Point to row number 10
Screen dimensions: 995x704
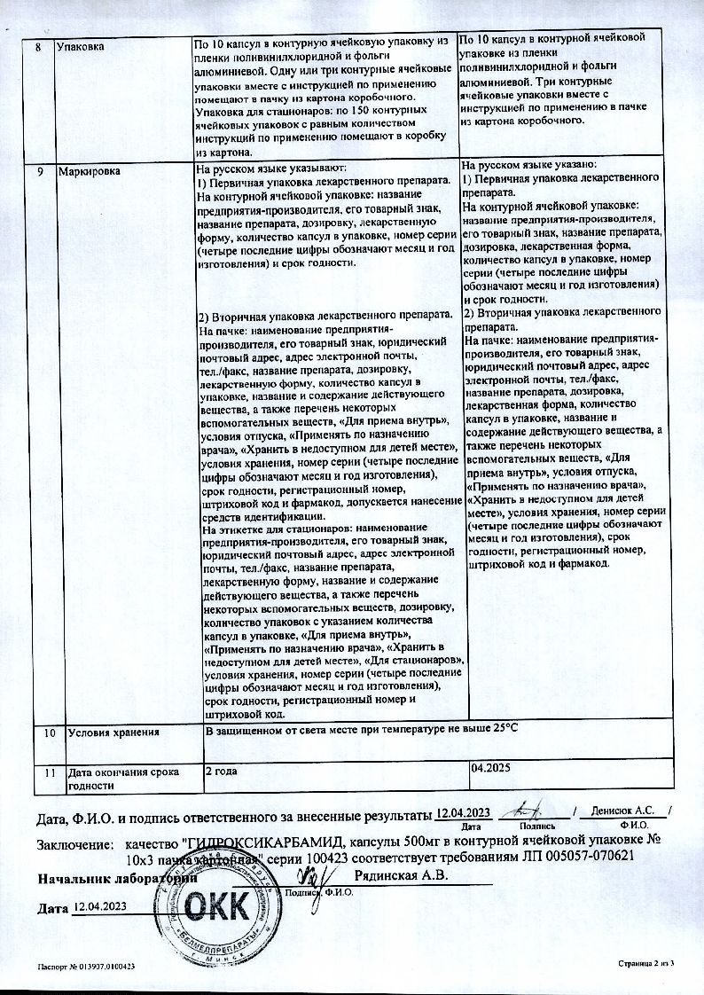coord(50,733)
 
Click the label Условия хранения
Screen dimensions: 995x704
coord(113,733)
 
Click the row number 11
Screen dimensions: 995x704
coord(50,772)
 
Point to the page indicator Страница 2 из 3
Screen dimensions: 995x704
coord(645,963)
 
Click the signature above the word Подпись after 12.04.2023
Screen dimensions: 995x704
coord(528,809)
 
